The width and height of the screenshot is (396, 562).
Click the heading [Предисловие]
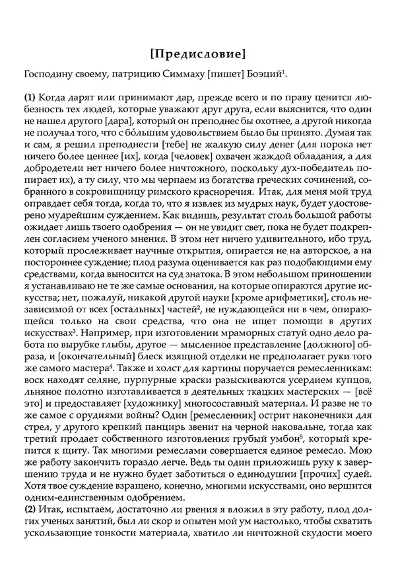point(197,52)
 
